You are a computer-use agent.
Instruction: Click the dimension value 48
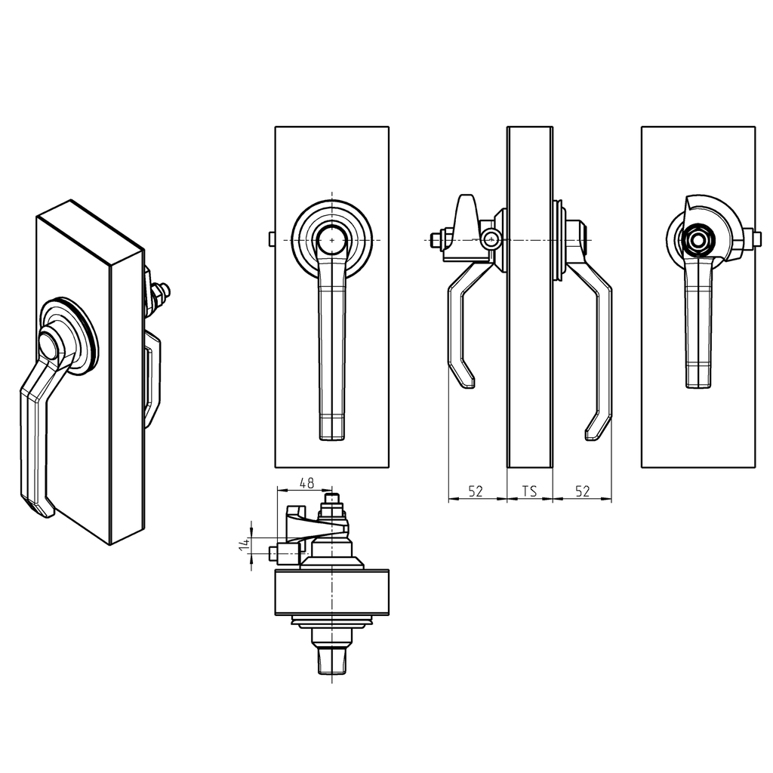pyautogui.click(x=306, y=482)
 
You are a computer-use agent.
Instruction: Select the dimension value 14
pyautogui.click(x=244, y=545)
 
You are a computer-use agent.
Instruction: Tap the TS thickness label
pyautogui.click(x=529, y=491)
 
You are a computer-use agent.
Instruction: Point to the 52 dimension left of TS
pyautogui.click(x=476, y=491)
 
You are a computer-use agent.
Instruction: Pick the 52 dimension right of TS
pyautogui.click(x=582, y=491)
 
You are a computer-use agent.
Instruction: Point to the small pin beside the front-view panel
pyautogui.click(x=272, y=239)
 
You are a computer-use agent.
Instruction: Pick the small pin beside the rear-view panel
pyautogui.click(x=757, y=239)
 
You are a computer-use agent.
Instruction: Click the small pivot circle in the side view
pyautogui.click(x=492, y=240)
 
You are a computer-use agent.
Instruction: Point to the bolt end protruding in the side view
pyautogui.click(x=435, y=240)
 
